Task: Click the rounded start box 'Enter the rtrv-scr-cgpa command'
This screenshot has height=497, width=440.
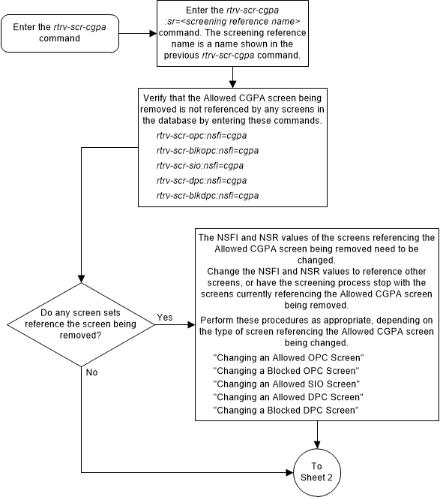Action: [62, 33]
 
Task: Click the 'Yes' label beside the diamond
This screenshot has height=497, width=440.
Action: [164, 297]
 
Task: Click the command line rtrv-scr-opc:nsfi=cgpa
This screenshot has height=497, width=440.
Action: [201, 136]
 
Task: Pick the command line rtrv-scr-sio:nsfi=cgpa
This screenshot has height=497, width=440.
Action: [200, 166]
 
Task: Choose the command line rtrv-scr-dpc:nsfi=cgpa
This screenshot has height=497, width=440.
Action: [201, 181]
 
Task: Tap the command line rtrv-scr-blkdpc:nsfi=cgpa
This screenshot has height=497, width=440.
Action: [206, 196]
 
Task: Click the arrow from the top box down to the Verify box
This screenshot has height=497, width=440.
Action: [234, 77]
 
